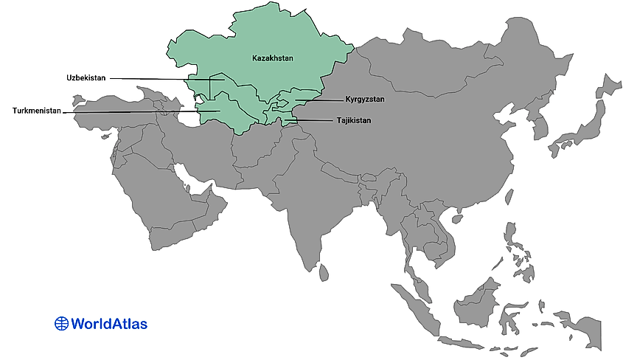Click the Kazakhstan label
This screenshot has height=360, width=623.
(x=272, y=58)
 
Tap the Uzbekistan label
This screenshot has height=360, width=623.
(x=86, y=77)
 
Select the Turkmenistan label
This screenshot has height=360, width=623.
(x=36, y=111)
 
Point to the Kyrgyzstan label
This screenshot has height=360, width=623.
(x=365, y=99)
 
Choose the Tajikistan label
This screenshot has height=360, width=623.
(x=354, y=120)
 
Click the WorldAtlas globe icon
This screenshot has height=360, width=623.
(x=62, y=323)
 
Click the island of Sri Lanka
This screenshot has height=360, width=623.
(x=323, y=274)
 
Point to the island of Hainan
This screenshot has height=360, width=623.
(x=456, y=218)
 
